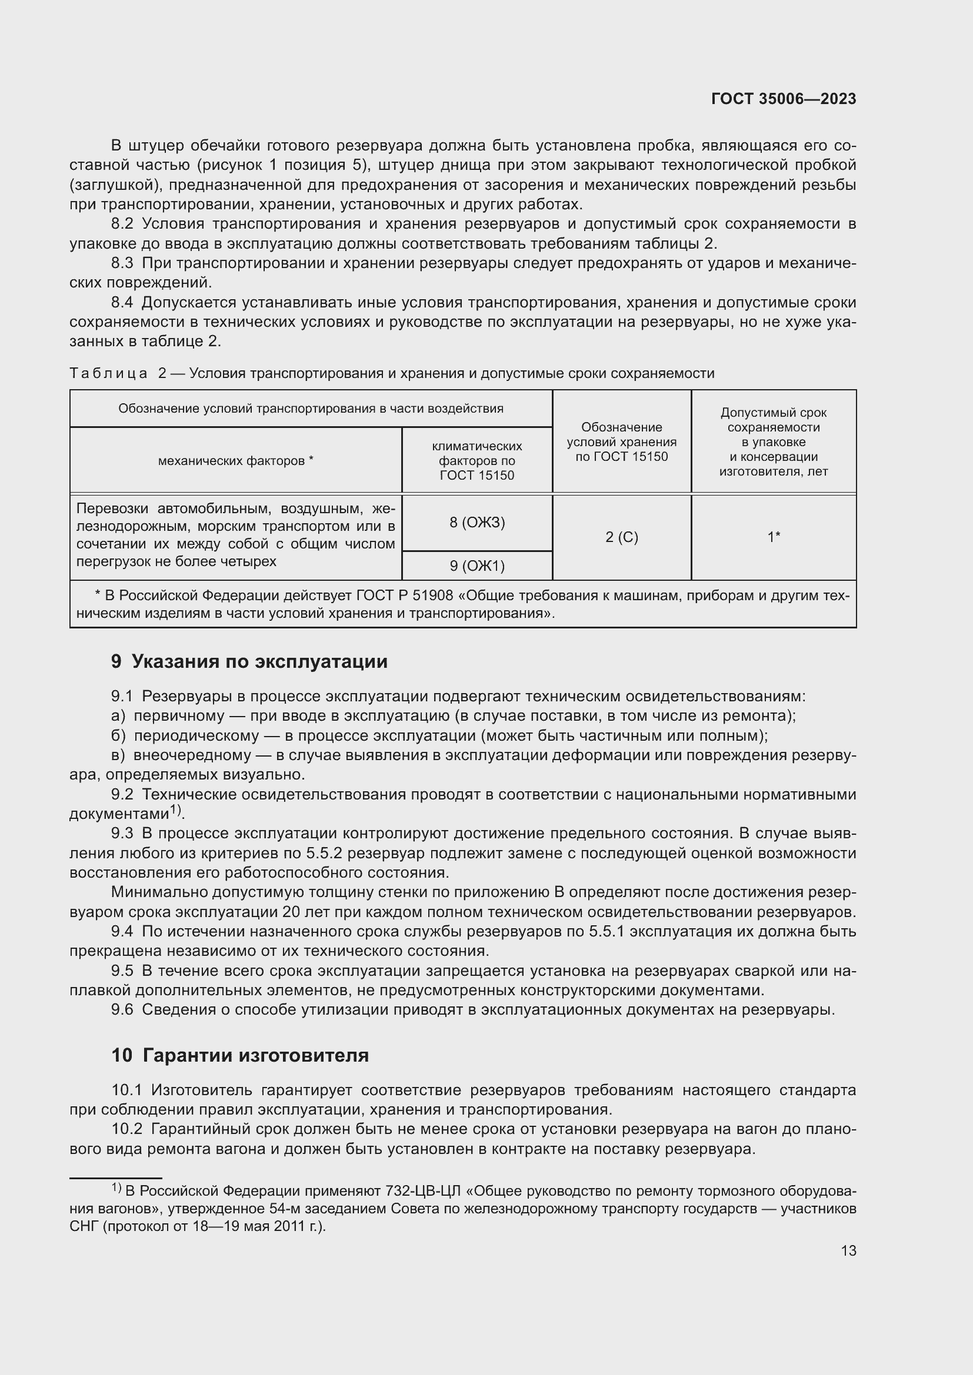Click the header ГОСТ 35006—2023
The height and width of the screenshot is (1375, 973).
(x=783, y=99)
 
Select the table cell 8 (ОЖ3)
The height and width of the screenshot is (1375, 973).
(x=477, y=523)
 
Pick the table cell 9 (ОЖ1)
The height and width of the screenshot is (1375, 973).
(x=477, y=566)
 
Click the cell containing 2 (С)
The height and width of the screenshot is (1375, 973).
(x=621, y=537)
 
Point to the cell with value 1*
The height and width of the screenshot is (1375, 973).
(x=774, y=537)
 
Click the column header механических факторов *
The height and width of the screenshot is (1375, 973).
(x=235, y=460)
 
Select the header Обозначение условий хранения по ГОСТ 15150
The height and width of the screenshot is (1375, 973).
(x=621, y=442)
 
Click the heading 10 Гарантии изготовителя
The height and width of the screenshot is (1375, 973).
(x=239, y=1055)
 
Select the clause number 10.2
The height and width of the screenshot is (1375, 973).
(x=126, y=1129)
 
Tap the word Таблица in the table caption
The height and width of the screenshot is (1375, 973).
(x=108, y=374)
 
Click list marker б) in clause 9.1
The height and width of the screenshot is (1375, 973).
(x=118, y=735)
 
